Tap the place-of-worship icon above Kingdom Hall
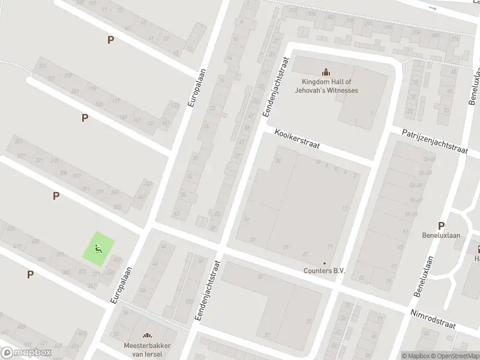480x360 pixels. [326, 71]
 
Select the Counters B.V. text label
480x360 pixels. [325, 271]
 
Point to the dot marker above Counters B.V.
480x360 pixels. [325, 263]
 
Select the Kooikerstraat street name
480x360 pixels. [298, 139]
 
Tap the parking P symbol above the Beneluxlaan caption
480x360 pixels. [442, 226]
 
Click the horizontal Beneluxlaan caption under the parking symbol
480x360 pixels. [441, 235]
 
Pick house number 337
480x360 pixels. [19, 141]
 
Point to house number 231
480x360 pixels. [42, 66]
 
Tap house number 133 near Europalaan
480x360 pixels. [174, 106]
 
